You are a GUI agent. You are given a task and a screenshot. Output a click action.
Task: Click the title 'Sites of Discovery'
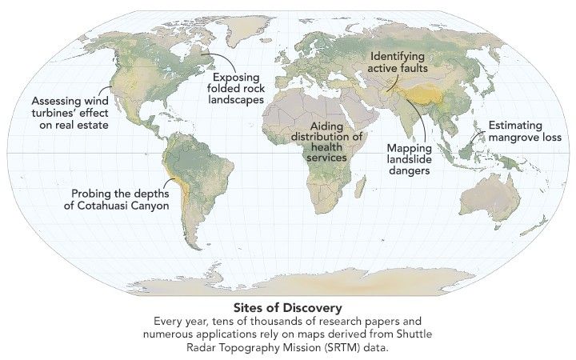[x=287, y=307]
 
